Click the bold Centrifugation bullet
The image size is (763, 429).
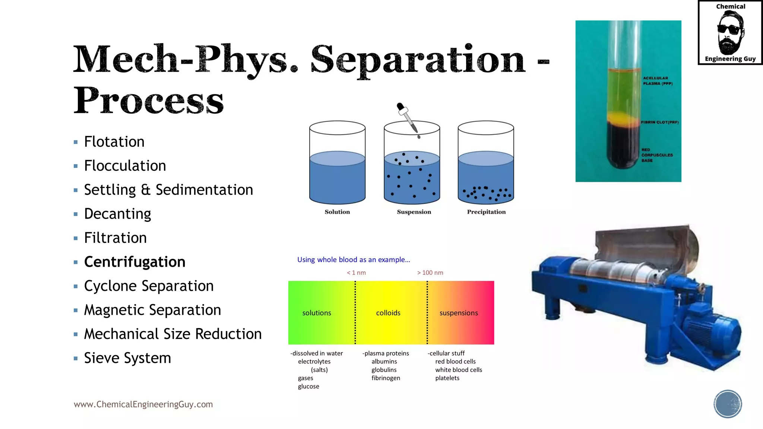134,262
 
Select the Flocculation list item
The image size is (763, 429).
125,166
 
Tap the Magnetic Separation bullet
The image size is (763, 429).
152,310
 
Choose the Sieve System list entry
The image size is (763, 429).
127,358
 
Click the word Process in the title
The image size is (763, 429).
148,101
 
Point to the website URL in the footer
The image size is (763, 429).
143,404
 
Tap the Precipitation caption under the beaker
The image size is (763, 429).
486,212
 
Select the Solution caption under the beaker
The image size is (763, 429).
337,212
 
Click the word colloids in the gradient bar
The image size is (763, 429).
388,313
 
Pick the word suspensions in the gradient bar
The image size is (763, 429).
458,313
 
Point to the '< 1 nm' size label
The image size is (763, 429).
356,273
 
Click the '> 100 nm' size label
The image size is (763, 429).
430,273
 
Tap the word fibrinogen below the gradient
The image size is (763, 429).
386,378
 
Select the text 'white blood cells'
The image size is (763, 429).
458,370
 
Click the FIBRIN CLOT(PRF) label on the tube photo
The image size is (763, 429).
659,122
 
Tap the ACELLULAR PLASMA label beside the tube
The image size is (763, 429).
658,81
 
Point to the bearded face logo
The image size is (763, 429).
730,33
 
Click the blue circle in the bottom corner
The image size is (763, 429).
728,404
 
